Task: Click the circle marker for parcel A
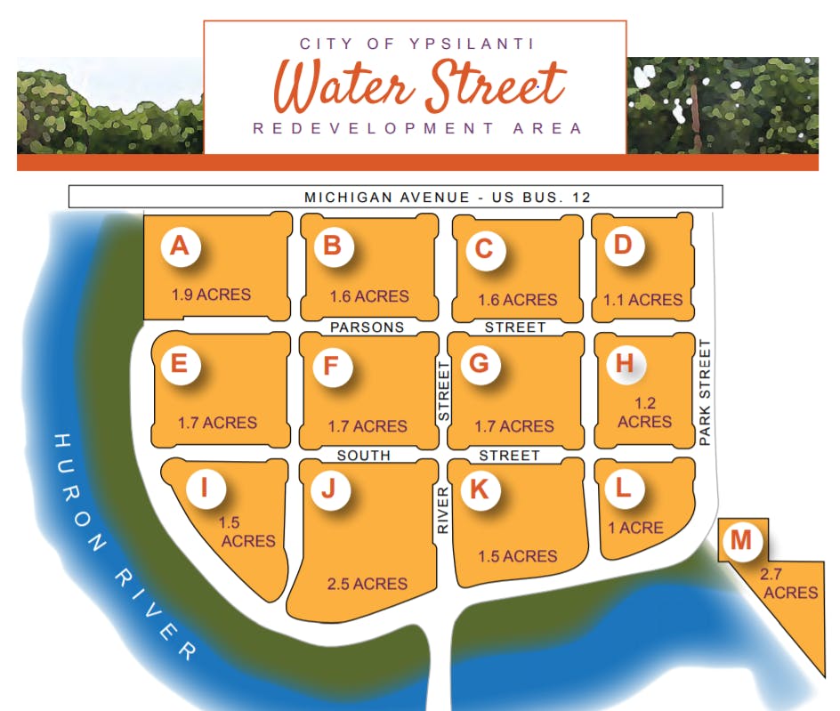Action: (x=180, y=246)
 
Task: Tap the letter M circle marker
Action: (x=741, y=540)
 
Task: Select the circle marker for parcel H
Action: (x=624, y=363)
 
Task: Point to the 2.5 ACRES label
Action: (x=367, y=584)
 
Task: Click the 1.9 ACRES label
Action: (x=211, y=295)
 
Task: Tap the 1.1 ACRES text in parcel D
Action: (x=643, y=300)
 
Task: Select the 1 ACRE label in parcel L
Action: (x=635, y=528)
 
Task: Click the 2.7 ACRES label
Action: (x=789, y=583)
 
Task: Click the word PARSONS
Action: (x=367, y=327)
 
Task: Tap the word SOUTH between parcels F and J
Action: (x=363, y=456)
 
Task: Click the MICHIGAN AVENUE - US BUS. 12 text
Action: (x=447, y=197)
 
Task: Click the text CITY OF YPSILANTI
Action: (x=416, y=43)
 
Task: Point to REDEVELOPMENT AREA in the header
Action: (x=417, y=128)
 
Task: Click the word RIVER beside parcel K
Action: (x=442, y=510)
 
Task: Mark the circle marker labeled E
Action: (x=180, y=364)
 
